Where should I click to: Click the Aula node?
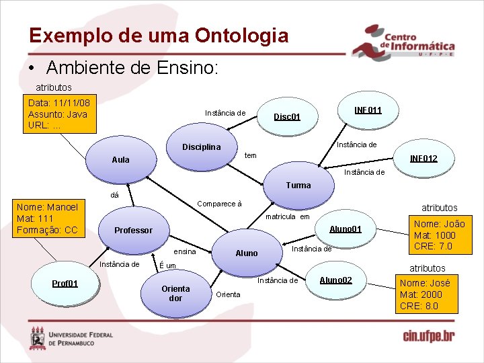click(121, 159)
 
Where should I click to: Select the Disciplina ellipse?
click(202, 147)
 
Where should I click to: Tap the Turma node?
click(298, 185)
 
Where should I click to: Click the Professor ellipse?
click(133, 230)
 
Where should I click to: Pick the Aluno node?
click(247, 253)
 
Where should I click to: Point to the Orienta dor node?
click(175, 293)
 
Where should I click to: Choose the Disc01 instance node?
click(287, 117)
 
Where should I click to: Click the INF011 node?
click(368, 109)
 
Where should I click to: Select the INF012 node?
click(424, 159)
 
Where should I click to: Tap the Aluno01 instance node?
click(346, 229)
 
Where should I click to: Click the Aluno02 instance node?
click(335, 279)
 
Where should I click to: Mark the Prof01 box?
click(65, 283)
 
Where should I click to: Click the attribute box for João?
click(439, 235)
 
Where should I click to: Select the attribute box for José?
click(428, 294)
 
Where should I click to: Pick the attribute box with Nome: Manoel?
click(48, 218)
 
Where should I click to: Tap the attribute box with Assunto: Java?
click(58, 114)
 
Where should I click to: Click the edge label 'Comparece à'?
click(219, 204)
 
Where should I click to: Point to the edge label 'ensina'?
click(184, 251)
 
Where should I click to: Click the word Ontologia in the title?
click(241, 36)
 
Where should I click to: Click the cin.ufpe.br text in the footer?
click(428, 335)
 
